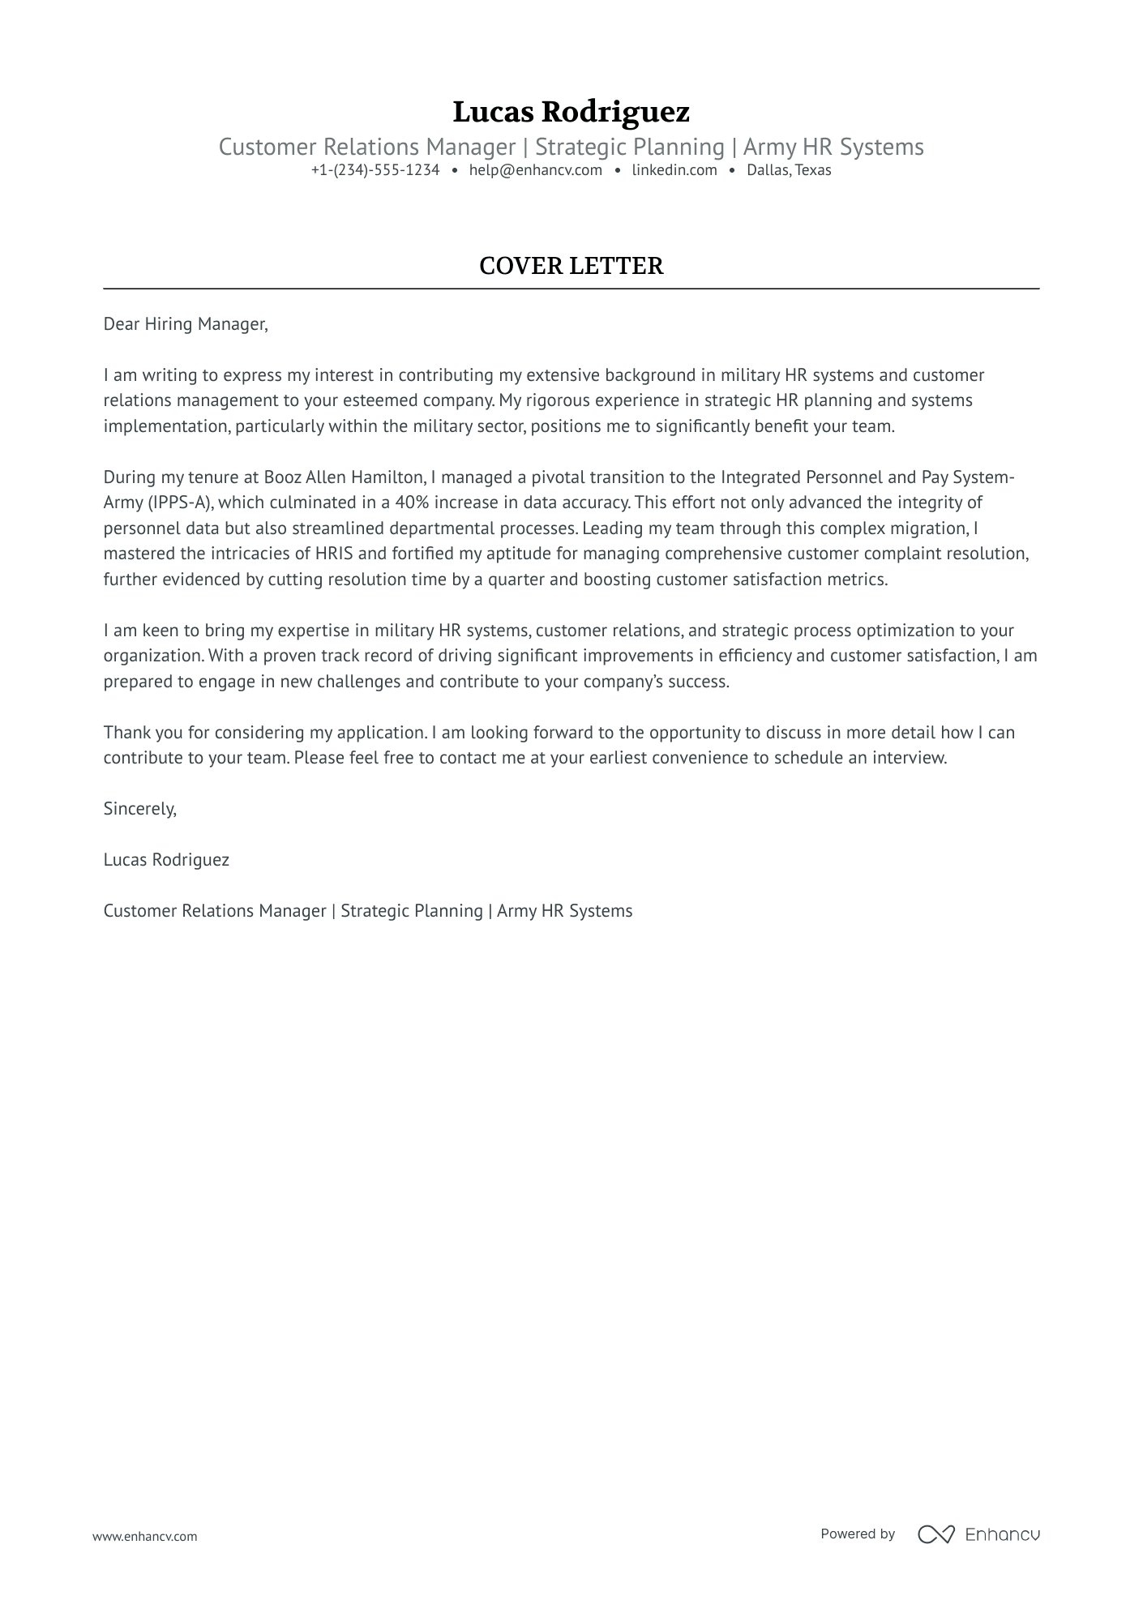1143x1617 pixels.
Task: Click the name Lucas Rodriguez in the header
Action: [x=571, y=112]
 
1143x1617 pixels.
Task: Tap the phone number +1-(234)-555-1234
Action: [x=375, y=170]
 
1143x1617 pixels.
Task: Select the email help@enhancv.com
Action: [x=535, y=170]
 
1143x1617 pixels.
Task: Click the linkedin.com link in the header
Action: [x=674, y=170]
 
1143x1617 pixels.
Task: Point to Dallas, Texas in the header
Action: [x=789, y=170]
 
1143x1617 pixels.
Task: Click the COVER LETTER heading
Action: [x=571, y=266]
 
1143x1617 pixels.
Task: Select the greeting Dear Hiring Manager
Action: [x=185, y=324]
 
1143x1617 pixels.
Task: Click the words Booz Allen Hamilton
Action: [x=344, y=477]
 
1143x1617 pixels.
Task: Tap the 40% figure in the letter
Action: [x=411, y=503]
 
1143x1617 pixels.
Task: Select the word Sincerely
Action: [x=139, y=809]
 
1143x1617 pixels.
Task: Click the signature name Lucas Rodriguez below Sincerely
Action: [x=166, y=860]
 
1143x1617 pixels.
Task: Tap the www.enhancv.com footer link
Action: [x=144, y=1536]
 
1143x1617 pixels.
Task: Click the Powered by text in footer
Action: [x=858, y=1534]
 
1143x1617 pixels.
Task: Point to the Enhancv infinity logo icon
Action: [x=935, y=1534]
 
